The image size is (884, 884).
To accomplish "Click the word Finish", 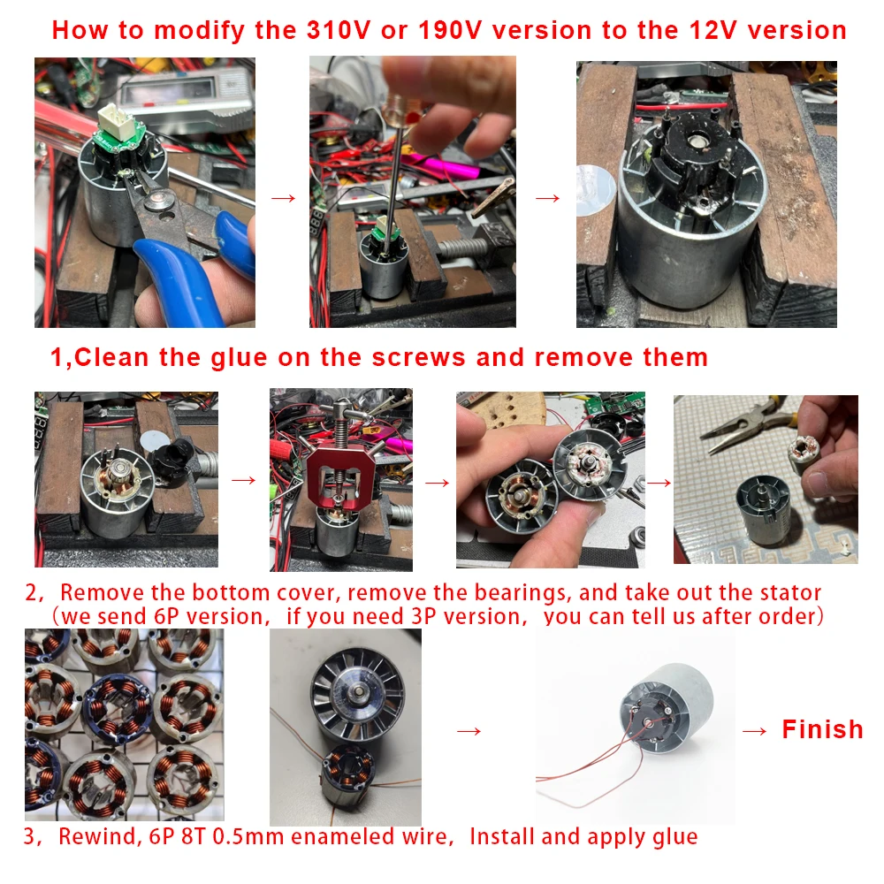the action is (822, 729).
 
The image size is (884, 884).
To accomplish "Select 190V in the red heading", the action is (450, 30).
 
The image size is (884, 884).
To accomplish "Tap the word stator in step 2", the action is (790, 592).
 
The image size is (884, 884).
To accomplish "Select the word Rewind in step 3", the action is (97, 836).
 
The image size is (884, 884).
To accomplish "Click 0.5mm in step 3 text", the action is (248, 836).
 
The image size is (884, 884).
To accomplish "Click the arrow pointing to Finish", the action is (754, 731).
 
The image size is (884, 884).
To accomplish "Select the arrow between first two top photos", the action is (283, 198).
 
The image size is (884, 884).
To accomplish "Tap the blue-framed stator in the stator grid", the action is (118, 707).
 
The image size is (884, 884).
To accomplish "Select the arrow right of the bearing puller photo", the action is (437, 483).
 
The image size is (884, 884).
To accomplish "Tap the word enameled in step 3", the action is (342, 836).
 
